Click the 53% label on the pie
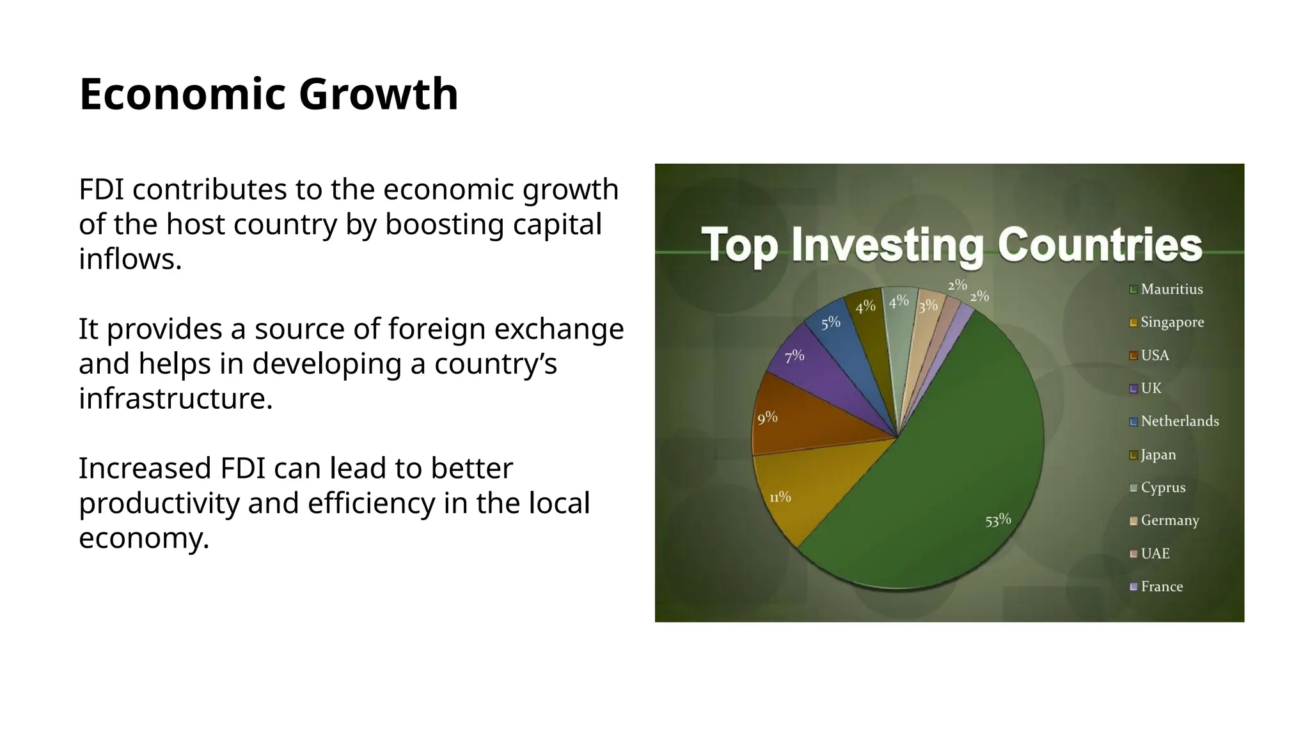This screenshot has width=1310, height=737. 998,520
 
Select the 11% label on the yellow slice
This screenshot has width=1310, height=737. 780,497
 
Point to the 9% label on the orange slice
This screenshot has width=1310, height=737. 767,418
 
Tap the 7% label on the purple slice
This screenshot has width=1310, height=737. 794,356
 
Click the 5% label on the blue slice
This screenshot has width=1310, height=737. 830,323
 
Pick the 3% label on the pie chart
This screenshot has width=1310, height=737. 927,306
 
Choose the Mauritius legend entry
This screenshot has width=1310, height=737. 1171,289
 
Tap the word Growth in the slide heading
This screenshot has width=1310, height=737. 378,95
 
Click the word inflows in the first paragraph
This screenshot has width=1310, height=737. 130,259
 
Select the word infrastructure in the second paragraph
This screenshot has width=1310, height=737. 175,399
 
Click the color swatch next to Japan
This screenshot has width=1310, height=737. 1133,455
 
